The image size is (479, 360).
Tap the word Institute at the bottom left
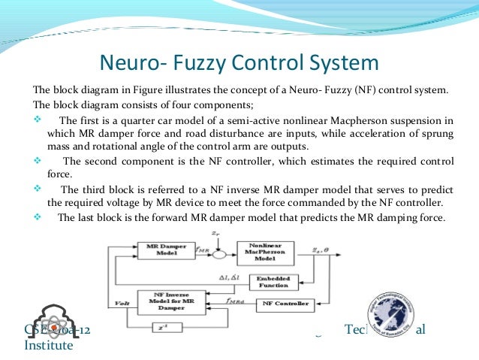(49, 346)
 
